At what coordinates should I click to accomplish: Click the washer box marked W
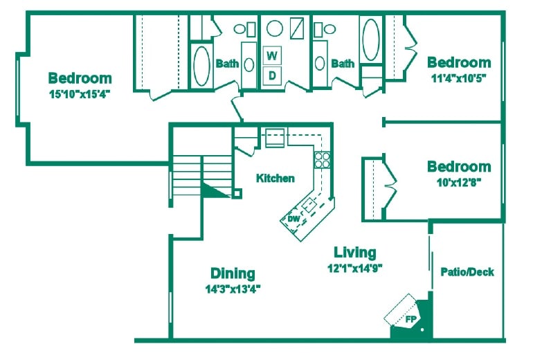pos(273,55)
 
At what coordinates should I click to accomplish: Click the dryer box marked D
pos(273,74)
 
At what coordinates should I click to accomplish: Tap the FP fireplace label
pos(410,320)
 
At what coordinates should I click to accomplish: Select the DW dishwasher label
pos(293,219)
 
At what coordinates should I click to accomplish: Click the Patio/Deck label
pos(467,272)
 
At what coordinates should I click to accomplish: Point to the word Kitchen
pos(275,178)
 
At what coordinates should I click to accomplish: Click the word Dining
pos(233,273)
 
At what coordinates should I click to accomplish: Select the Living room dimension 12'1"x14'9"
pos(355,267)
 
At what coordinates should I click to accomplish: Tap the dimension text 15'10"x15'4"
pos(80,93)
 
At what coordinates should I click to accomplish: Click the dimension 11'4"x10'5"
pos(459,78)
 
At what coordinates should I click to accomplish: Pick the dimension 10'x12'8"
pos(459,182)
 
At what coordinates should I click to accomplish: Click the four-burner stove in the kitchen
pos(322,161)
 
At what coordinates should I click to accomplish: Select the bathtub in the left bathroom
pos(201,65)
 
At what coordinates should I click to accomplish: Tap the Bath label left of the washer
pos(227,64)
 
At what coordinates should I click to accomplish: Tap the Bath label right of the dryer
pos(342,64)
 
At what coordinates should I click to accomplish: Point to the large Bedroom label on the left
pos(80,78)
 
